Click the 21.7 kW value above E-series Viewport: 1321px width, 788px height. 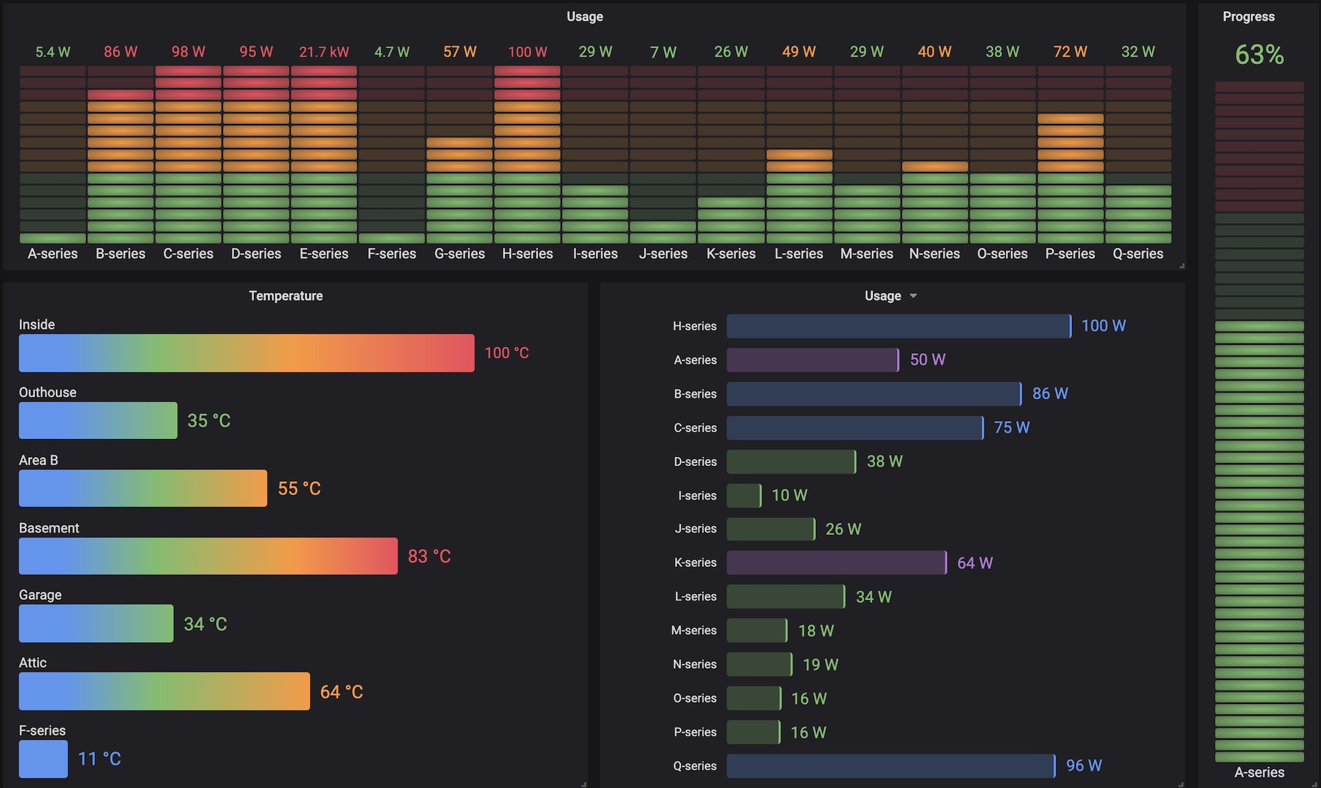[323, 52]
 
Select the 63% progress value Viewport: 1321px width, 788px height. [1258, 55]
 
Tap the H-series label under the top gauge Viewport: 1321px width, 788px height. [527, 254]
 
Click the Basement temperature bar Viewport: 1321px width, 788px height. [208, 556]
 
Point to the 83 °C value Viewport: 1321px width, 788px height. [429, 556]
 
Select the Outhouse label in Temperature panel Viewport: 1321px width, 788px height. [47, 392]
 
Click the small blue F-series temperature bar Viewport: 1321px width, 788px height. [43, 758]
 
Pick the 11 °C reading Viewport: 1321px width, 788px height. [99, 758]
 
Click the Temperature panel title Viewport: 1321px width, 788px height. [286, 296]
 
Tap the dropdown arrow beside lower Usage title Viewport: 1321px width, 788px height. [913, 296]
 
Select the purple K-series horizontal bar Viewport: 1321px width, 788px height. [836, 562]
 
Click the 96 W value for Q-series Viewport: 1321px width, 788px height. [1084, 765]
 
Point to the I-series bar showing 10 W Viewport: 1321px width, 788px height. [743, 495]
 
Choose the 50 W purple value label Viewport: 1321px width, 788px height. [927, 359]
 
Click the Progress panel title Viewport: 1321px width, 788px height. [1248, 17]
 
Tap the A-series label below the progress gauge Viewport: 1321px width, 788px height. [1258, 772]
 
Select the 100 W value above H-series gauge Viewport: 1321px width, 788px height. [527, 52]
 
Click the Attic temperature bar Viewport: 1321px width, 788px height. [164, 691]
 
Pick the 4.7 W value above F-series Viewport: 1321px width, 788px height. [391, 52]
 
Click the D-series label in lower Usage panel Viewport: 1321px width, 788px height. [695, 461]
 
